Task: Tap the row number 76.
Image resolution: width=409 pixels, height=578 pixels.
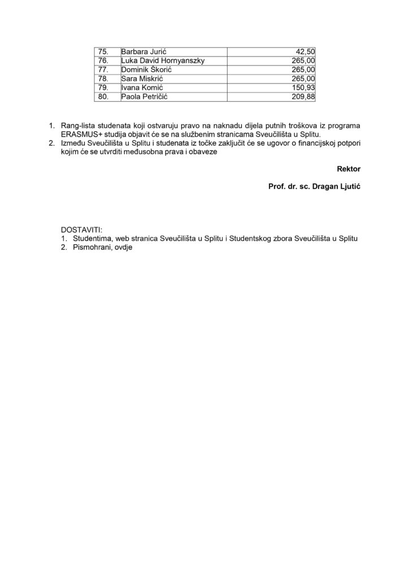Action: [x=103, y=60]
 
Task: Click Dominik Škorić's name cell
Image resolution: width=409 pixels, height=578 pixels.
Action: [x=146, y=69]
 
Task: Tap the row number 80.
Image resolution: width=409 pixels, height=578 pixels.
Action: [x=103, y=97]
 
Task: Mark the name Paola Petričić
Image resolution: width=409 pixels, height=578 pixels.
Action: [x=145, y=97]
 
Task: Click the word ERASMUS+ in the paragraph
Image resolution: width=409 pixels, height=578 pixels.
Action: [x=81, y=134]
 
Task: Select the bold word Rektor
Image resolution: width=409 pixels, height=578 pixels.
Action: [x=349, y=168]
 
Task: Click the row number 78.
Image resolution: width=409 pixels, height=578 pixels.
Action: [x=103, y=78]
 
